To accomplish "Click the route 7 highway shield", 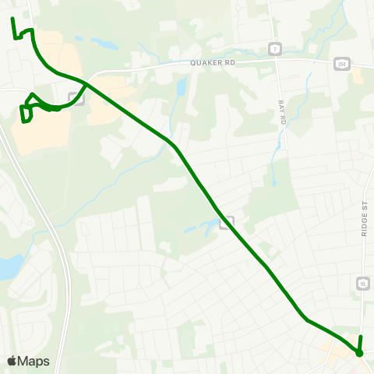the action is pos(276,49).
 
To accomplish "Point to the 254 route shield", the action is pos(341,63).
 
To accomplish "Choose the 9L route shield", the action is pos(364,284).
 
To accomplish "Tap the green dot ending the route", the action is pos(359,353).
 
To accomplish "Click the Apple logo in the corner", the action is pos(12,361).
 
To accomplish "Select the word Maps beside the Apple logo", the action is pos(34,361).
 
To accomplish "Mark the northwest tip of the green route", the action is pos(12,18).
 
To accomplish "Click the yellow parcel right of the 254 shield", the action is pos(357,75).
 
